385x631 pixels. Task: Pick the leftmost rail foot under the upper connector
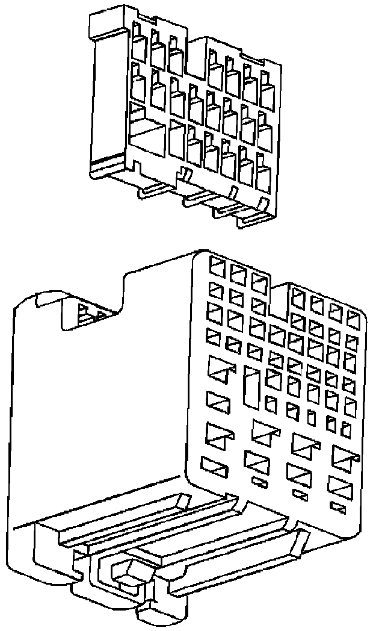click(x=153, y=191)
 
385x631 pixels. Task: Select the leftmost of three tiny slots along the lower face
click(x=261, y=482)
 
